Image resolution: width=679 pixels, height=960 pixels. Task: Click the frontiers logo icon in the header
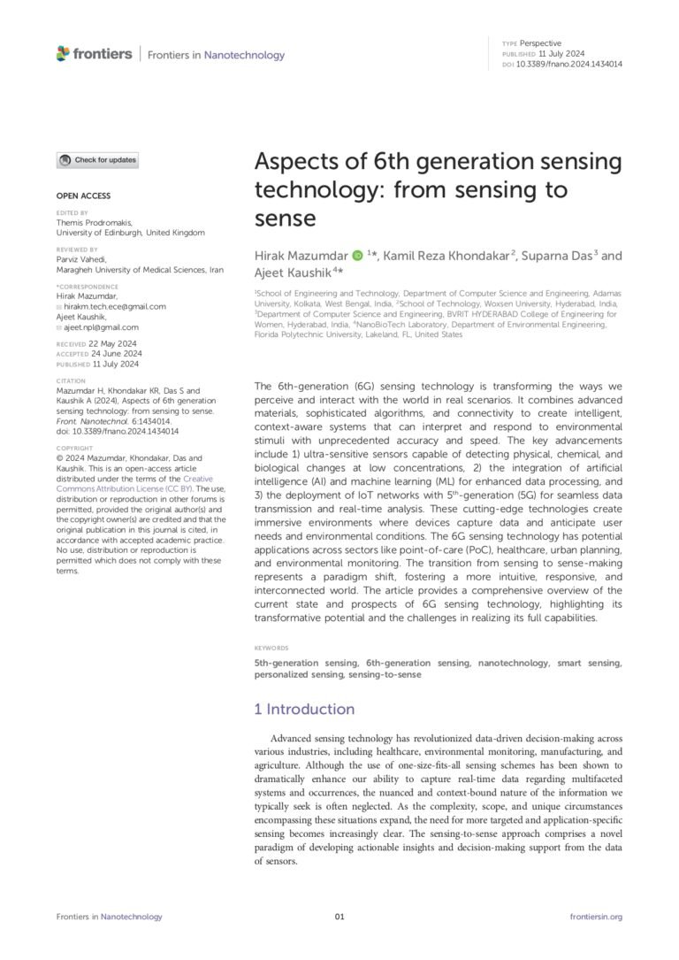[x=63, y=54]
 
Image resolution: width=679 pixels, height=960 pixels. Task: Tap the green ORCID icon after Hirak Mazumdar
[x=357, y=256]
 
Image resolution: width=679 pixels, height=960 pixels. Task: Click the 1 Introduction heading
[x=304, y=709]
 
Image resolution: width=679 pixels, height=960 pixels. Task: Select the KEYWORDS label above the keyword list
[x=271, y=648]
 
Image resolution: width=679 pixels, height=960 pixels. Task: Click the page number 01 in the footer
[x=339, y=917]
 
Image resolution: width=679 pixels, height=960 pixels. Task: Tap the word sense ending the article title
[x=285, y=217]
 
